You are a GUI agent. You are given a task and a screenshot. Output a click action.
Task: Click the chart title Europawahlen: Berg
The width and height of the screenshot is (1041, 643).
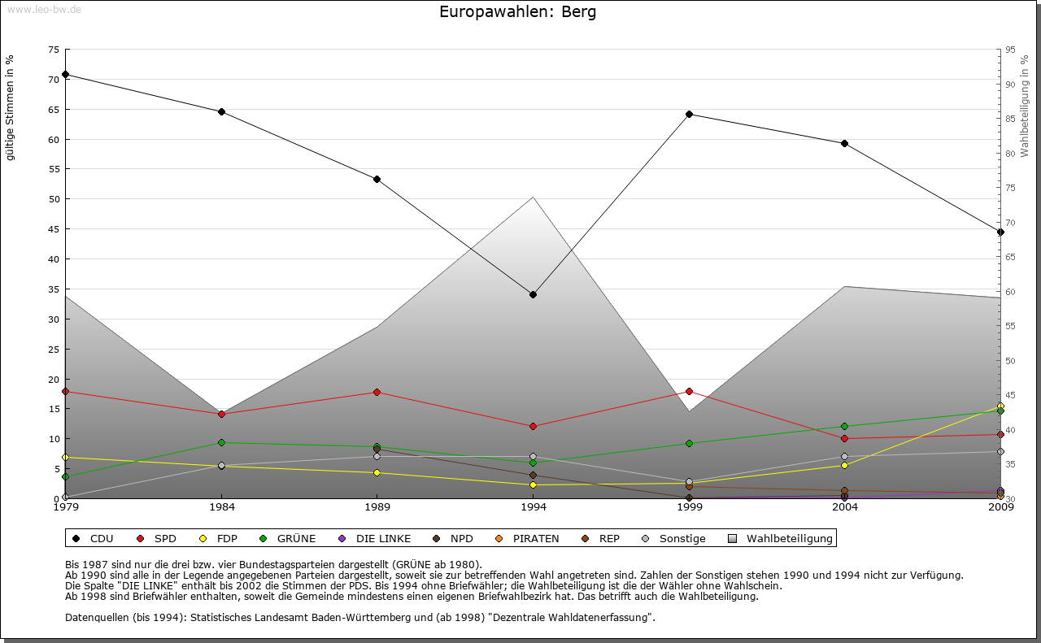tap(517, 12)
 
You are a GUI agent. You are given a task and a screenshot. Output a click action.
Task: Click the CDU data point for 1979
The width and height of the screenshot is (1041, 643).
tap(65, 74)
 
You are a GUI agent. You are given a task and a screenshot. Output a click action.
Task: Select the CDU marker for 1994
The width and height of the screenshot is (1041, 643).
tap(533, 294)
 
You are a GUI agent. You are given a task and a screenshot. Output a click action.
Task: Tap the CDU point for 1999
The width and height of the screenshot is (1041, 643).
tap(689, 114)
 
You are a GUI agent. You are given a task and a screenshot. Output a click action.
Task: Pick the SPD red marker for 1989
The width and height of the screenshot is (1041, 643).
tap(377, 392)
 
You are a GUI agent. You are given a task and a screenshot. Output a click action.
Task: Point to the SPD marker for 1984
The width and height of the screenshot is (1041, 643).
tap(221, 414)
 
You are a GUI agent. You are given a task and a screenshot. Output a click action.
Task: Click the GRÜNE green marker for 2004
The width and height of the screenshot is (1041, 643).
tap(844, 426)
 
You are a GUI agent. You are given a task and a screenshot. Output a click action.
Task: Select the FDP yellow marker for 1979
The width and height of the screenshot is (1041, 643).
tap(65, 457)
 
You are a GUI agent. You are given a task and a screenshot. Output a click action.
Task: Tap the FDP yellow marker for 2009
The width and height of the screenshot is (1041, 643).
tap(1000, 406)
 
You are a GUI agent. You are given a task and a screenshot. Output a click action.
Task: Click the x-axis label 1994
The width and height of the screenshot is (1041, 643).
tap(533, 507)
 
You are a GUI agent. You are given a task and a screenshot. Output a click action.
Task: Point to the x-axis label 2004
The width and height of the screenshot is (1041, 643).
tap(844, 507)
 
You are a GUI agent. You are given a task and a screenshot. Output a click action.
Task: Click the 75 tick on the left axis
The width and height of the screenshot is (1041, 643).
tap(54, 50)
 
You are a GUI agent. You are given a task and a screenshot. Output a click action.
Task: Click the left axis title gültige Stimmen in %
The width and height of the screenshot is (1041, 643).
tap(11, 108)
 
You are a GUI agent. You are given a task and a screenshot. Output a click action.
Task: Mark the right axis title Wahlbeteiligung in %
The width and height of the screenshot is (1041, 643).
tap(1025, 106)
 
